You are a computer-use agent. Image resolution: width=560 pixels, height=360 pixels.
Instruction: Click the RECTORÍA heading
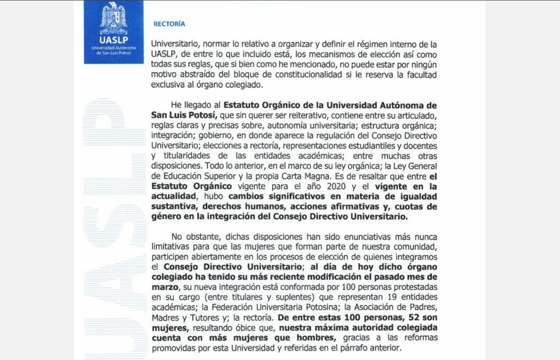[x=169, y=24]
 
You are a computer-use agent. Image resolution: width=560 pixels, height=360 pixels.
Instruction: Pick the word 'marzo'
[x=161, y=287]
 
